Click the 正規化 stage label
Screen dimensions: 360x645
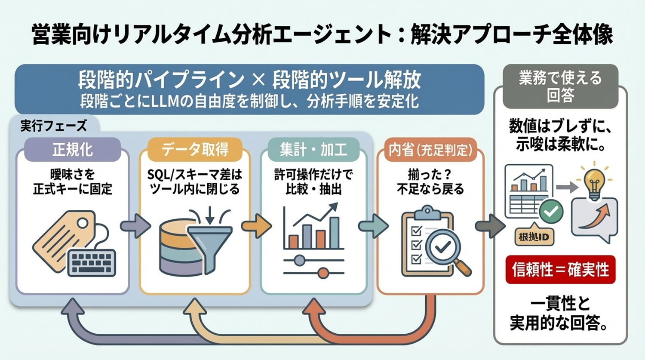[x=72, y=150]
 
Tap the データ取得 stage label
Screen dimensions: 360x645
[x=195, y=150]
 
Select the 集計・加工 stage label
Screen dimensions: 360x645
[x=313, y=150]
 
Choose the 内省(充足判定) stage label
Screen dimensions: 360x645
[x=430, y=150]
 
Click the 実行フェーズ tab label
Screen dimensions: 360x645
[x=54, y=126]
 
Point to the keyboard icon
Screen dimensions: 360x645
[x=92, y=262]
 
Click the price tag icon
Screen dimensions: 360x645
[x=64, y=239]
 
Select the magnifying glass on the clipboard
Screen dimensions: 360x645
[x=445, y=249]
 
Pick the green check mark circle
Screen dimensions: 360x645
[x=551, y=211]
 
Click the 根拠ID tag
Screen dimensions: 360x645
[x=534, y=237]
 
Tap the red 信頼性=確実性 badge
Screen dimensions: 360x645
[x=560, y=270]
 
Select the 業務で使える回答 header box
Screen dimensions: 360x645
[x=560, y=86]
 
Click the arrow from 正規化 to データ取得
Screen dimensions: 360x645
[x=135, y=225]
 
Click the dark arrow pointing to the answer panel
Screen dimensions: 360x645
[x=489, y=225]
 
